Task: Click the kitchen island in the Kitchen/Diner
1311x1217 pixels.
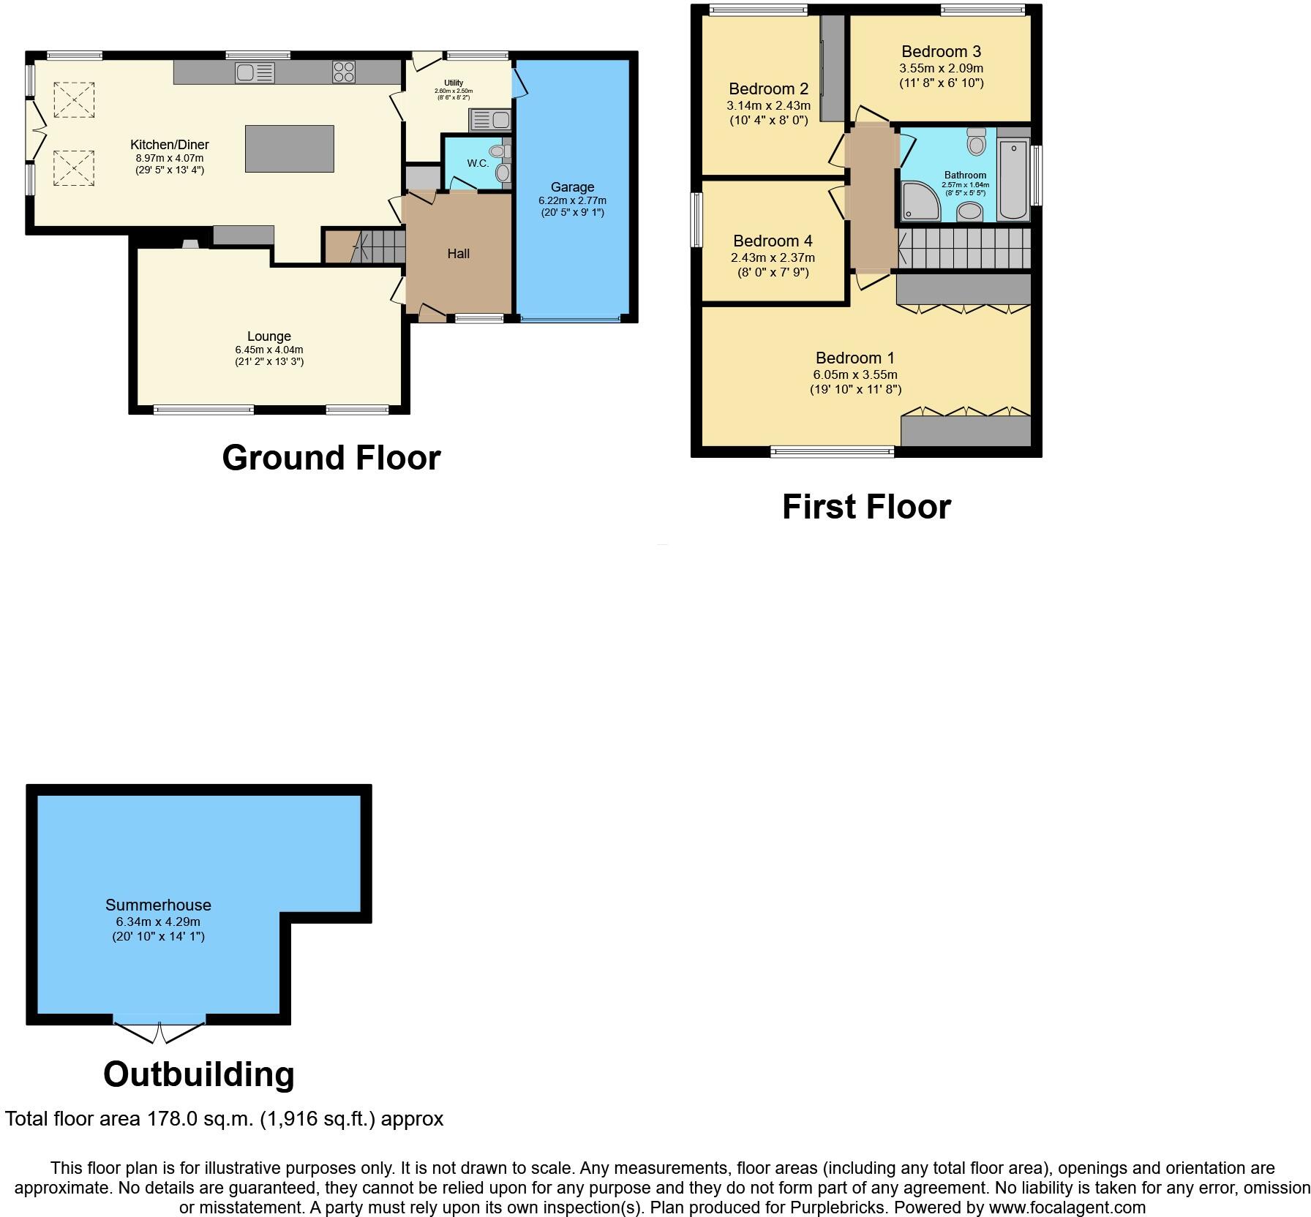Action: point(289,148)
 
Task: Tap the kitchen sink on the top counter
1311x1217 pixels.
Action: point(255,72)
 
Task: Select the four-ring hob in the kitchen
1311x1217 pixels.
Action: point(344,72)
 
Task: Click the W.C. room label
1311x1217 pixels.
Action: point(478,163)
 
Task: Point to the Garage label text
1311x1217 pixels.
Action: point(572,187)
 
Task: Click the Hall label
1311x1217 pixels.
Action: point(459,254)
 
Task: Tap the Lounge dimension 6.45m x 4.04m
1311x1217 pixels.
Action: point(269,350)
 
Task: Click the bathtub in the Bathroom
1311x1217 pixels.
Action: point(1013,179)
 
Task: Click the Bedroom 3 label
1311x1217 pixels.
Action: point(941,52)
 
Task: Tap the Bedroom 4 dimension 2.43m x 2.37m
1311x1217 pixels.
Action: point(773,257)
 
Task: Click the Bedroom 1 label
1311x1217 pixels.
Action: point(854,358)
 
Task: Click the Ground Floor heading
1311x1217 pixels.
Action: point(331,459)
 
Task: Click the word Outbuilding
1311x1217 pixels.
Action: point(199,1075)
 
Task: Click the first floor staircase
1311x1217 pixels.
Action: point(966,249)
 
